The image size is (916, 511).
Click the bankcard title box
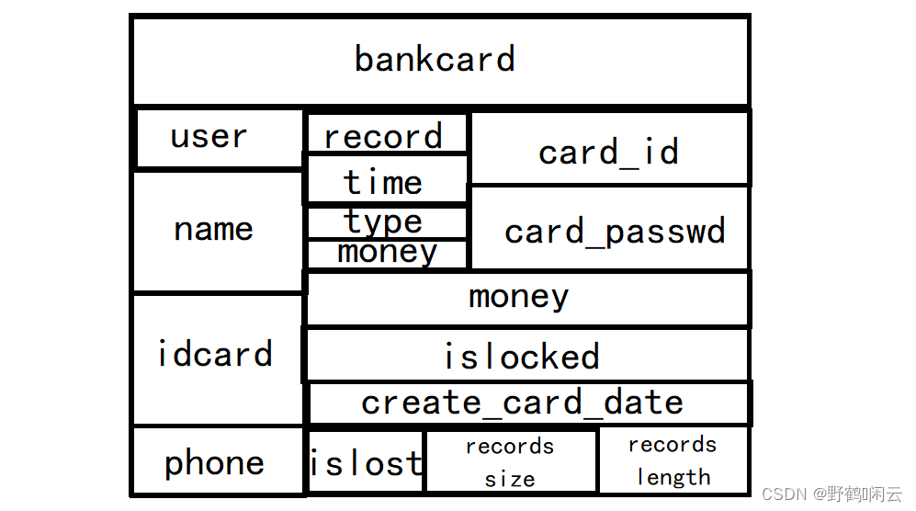[440, 61]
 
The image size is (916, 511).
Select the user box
[219, 138]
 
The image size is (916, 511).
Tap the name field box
[218, 231]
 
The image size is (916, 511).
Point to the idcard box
[218, 359]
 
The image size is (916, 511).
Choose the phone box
[218, 461]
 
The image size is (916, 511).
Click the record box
[386, 132]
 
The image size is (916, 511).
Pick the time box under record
[386, 179]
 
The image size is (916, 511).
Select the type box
[386, 222]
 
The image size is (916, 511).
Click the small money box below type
[386, 255]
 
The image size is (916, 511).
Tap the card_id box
[609, 148]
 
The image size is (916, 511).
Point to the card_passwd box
[609, 228]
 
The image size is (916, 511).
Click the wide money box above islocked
[527, 299]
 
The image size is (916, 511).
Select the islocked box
[527, 355]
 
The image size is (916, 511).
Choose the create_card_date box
[529, 403]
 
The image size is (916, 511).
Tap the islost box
[365, 462]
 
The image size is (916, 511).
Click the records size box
[511, 462]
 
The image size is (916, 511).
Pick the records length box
[674, 460]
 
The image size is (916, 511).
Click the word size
[510, 480]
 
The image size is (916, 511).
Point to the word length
[673, 477]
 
